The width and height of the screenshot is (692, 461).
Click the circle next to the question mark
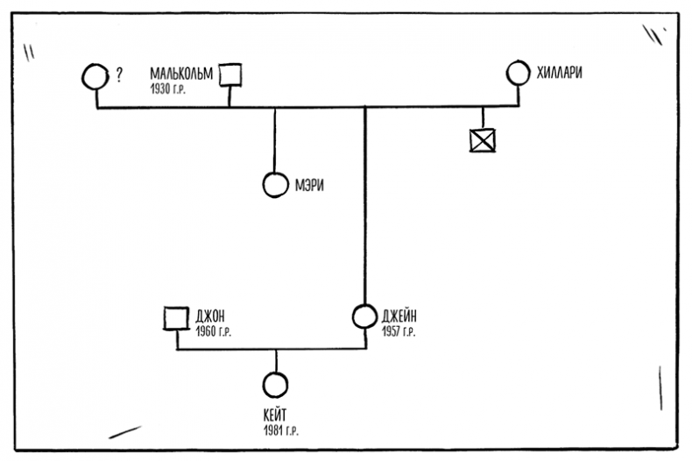(95, 76)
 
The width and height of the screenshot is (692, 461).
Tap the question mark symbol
(118, 76)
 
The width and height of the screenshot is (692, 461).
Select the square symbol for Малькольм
(229, 75)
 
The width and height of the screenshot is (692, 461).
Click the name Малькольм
(181, 74)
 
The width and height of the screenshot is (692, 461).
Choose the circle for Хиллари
(518, 73)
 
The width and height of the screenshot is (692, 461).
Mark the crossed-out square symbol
(482, 139)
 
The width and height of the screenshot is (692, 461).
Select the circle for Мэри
(274, 185)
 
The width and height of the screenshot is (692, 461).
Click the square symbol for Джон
(176, 318)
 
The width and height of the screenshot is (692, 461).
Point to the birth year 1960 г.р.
(214, 332)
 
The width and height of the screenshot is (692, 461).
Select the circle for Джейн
(364, 316)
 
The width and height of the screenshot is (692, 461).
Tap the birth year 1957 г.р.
(399, 332)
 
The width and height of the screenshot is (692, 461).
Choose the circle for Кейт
(275, 384)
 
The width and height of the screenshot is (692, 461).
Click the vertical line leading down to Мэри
(275, 140)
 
